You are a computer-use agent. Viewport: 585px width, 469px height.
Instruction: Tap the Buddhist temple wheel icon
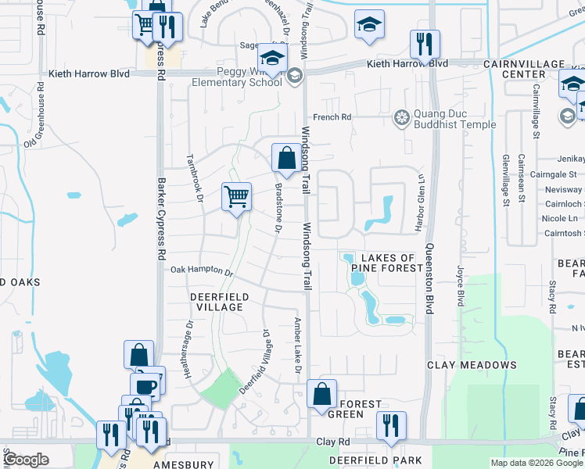coord(402,119)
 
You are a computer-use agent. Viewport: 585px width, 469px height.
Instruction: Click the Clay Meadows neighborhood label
coord(472,365)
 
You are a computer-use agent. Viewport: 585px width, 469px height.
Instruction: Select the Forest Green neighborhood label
coord(360,409)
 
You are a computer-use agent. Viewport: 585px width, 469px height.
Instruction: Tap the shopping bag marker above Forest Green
coord(321,394)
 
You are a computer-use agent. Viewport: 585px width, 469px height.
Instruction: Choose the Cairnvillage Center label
coord(535,69)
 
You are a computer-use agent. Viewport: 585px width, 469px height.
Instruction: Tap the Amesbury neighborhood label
coord(183,464)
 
